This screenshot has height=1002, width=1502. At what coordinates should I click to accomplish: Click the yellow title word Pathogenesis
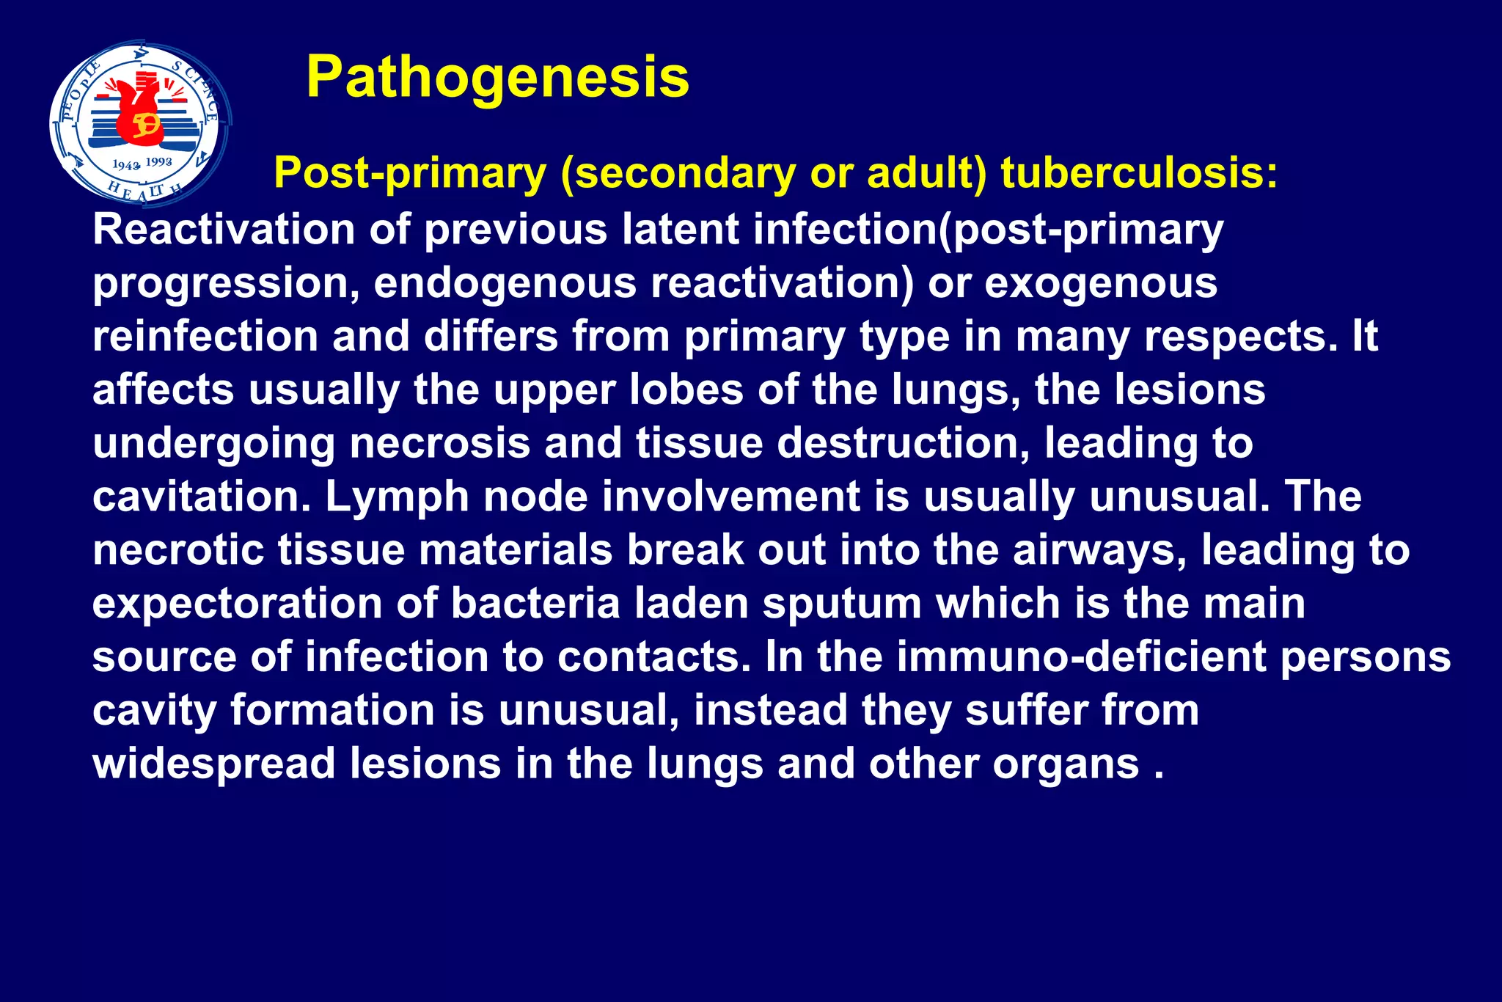pyautogui.click(x=497, y=77)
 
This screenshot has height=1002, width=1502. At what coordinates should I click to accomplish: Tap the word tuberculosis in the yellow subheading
pyautogui.click(x=1139, y=174)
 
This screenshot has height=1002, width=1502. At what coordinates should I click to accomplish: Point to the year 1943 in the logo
pyautogui.click(x=125, y=166)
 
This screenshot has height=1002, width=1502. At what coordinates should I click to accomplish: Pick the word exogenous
pyautogui.click(x=1100, y=283)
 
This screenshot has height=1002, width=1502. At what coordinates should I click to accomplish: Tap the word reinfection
pyautogui.click(x=205, y=337)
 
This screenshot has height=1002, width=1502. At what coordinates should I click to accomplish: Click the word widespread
pyautogui.click(x=213, y=764)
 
